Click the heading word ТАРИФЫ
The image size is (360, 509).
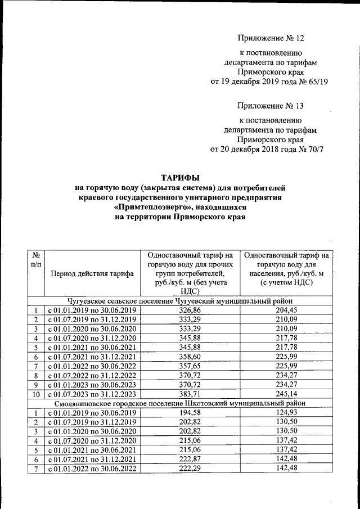181,177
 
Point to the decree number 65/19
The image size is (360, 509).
315,82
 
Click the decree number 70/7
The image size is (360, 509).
313,149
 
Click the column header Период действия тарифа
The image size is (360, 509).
92,274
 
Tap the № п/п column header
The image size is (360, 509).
36,259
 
